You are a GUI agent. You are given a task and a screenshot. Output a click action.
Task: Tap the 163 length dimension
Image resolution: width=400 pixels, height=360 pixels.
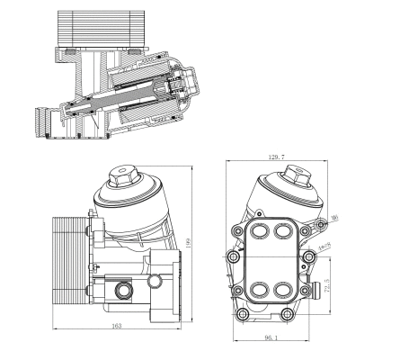point(118,325)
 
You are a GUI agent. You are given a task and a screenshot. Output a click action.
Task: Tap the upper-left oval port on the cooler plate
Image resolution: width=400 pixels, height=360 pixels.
point(260,232)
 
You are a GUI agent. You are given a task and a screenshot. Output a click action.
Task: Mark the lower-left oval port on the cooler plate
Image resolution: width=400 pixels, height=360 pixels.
point(260,290)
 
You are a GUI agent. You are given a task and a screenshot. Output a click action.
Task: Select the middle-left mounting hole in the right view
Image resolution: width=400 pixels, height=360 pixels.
point(235,257)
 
